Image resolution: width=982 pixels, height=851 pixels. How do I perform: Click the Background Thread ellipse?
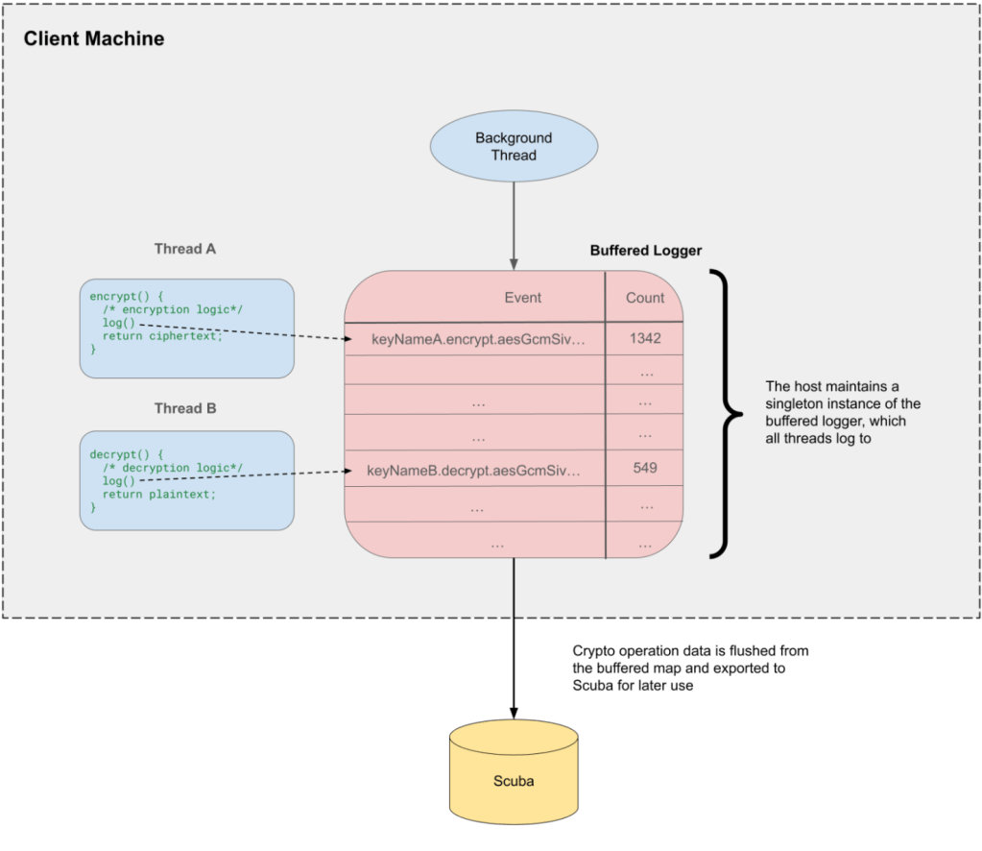coord(514,147)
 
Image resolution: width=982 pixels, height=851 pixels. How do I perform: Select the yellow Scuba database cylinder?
coord(514,771)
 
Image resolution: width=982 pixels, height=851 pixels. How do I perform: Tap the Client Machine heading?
coord(94,38)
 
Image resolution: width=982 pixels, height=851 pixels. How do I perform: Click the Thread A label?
coord(185,249)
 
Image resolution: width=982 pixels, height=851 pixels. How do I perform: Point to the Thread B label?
coord(185,408)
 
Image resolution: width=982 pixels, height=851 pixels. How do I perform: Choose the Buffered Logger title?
coord(646,251)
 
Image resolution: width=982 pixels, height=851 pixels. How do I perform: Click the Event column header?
coord(523,298)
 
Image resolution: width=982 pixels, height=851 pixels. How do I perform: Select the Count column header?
coord(645,298)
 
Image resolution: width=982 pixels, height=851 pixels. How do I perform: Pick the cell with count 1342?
coord(645,338)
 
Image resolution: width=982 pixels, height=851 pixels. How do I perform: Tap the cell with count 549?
coord(645,468)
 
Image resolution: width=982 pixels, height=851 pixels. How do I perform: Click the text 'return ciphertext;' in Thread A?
coord(162,336)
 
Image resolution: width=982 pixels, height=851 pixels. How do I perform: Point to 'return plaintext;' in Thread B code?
coord(159,495)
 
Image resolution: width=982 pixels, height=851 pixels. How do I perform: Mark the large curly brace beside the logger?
coord(726,414)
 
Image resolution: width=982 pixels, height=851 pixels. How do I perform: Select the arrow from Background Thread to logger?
coord(514,227)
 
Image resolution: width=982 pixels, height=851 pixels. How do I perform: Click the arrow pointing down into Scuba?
coord(514,638)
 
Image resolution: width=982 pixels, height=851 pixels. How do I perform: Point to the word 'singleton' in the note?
coord(792,403)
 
